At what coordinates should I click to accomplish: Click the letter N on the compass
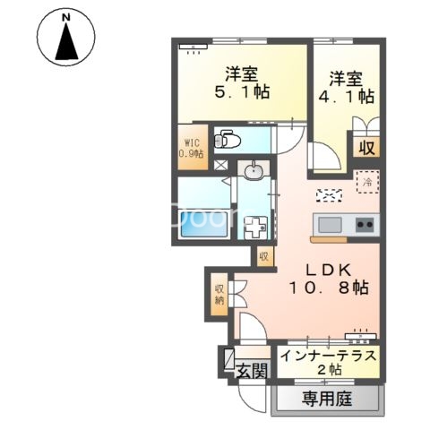[66, 17]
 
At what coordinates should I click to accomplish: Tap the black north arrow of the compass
[66, 42]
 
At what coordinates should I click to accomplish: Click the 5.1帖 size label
[242, 91]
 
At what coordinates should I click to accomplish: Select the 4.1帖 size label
[347, 96]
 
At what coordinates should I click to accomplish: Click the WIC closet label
[191, 148]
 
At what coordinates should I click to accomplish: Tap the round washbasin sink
[254, 172]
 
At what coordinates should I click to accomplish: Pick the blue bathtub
[203, 224]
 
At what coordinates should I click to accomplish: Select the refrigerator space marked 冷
[368, 182]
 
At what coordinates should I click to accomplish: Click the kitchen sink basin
[330, 225]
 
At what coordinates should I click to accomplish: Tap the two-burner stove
[365, 225]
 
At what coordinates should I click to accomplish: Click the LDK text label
[329, 271]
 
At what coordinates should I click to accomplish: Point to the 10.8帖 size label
[329, 288]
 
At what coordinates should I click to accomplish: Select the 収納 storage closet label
[219, 294]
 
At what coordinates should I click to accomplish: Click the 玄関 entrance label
[253, 371]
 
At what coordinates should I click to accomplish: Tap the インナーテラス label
[329, 356]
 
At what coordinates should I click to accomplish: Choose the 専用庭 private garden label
[327, 399]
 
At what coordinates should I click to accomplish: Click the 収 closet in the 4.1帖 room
[366, 147]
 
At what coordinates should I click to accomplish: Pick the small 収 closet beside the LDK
[264, 256]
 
